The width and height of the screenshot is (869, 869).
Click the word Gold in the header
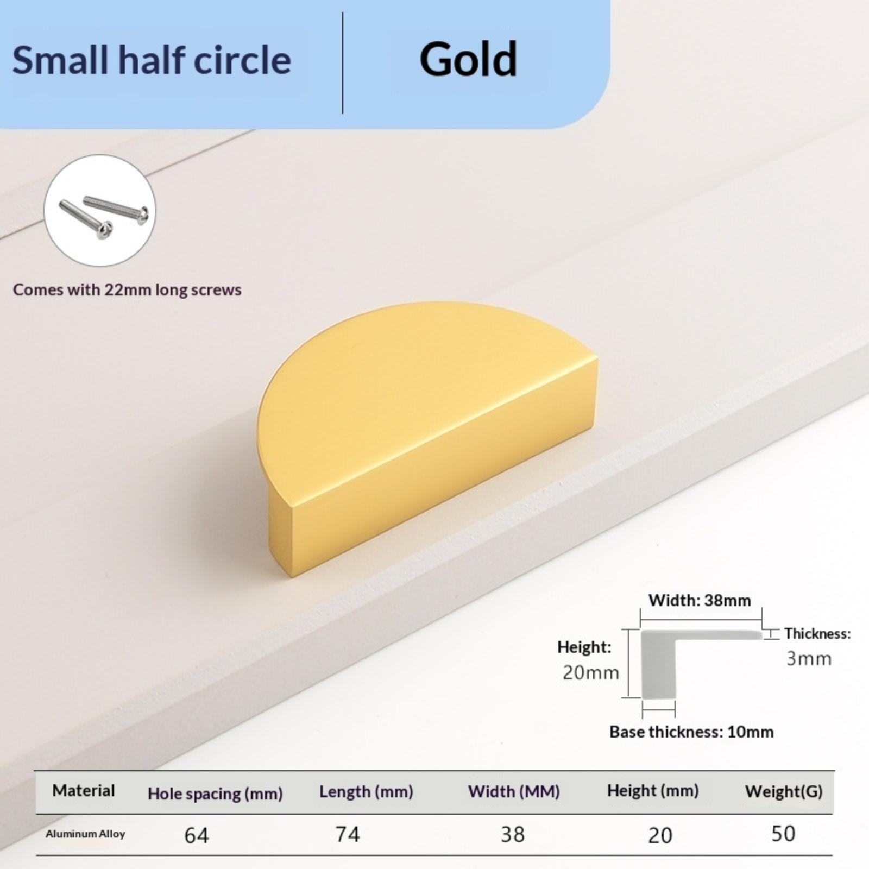click(x=468, y=59)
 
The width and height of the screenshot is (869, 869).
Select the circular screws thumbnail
click(x=99, y=211)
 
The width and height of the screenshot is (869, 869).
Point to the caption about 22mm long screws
click(x=127, y=289)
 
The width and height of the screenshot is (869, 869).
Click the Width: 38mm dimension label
click(x=700, y=600)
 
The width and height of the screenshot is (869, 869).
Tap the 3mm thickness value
click(x=809, y=658)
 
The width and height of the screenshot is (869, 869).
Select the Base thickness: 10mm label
click(x=691, y=732)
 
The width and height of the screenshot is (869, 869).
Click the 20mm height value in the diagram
click(x=590, y=672)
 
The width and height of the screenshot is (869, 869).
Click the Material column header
click(x=83, y=790)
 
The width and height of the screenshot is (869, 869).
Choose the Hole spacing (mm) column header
click(x=215, y=794)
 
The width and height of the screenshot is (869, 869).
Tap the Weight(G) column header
click(x=784, y=791)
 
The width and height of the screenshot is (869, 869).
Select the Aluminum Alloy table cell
click(x=85, y=834)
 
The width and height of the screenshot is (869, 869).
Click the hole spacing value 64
click(x=196, y=835)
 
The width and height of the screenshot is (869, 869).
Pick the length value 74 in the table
click(x=347, y=834)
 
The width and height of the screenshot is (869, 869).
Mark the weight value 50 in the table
click(x=783, y=834)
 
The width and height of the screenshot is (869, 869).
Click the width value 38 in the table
click(x=513, y=834)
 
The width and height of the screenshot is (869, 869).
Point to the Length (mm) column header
click(x=366, y=792)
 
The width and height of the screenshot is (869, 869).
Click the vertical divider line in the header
click(x=343, y=63)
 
